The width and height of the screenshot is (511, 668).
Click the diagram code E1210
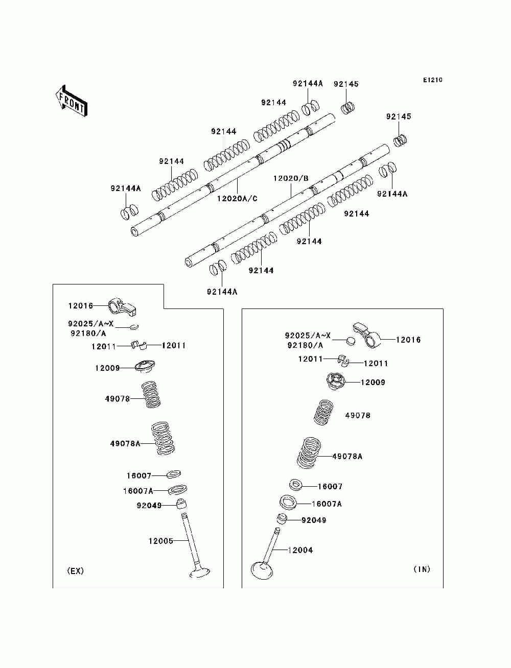(432, 80)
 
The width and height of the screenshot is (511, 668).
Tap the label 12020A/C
(237, 199)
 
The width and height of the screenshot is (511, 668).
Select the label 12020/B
(291, 179)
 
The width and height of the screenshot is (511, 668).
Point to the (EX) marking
(76, 571)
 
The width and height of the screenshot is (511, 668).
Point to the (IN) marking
(422, 569)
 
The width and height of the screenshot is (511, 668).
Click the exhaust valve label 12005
(160, 541)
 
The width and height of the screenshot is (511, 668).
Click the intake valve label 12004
(300, 550)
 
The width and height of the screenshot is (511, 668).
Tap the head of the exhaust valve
(200, 572)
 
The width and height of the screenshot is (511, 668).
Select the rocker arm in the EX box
(123, 307)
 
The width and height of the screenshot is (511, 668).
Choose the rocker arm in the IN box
(367, 335)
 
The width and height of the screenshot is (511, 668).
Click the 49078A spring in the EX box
(164, 438)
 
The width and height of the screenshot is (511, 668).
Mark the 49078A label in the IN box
(347, 457)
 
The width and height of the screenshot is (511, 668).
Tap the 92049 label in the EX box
(149, 506)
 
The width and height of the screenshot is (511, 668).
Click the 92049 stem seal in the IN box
(282, 519)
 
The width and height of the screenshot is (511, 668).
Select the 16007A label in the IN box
(327, 504)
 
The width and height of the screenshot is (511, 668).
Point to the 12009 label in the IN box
(373, 383)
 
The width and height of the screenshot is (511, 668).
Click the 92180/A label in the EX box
(88, 333)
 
